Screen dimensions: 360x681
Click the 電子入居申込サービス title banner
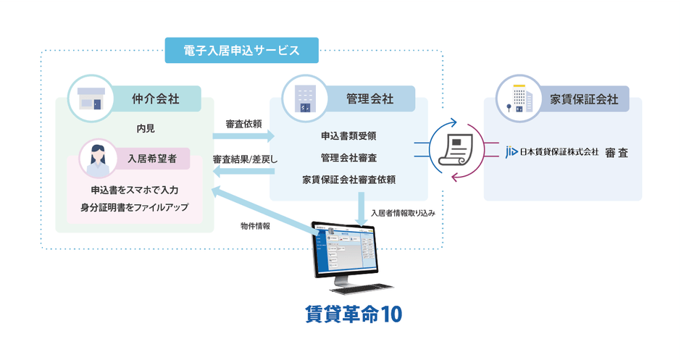pyautogui.click(x=241, y=50)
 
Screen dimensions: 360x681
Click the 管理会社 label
pyautogui.click(x=370, y=99)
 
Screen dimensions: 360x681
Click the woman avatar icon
pyautogui.click(x=95, y=159)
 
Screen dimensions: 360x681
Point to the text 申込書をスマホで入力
pyautogui.click(x=135, y=190)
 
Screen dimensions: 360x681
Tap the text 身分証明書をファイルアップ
pyautogui.click(x=135, y=207)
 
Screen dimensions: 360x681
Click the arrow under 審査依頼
pyautogui.click(x=246, y=136)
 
